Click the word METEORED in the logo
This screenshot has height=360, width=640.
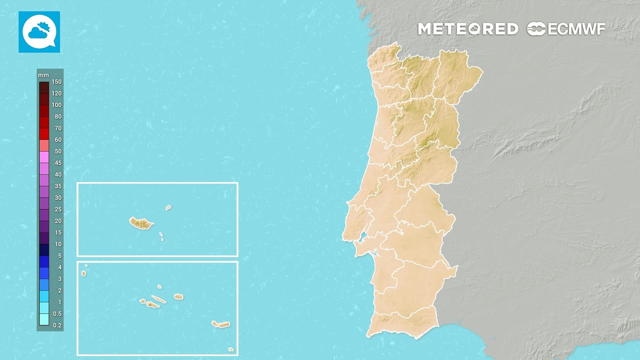[x=467, y=29]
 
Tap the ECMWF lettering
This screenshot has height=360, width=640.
[x=576, y=29]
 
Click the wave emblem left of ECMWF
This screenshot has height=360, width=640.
[x=536, y=29]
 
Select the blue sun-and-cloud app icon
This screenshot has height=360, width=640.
[x=39, y=31]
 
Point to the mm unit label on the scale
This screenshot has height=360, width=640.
[x=43, y=75]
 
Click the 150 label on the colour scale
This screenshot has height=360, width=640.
[x=56, y=82]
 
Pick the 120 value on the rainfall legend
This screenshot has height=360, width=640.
[x=56, y=93]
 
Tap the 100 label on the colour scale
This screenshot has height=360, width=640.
[x=56, y=105]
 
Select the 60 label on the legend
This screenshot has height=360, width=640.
[x=58, y=140]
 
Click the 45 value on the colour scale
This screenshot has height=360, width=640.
[x=58, y=163]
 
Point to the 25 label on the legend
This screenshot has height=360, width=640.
[x=58, y=209]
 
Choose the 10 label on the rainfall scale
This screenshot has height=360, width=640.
[x=58, y=244]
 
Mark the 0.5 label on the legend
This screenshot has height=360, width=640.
[x=57, y=313]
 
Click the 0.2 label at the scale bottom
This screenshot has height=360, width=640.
[x=57, y=325]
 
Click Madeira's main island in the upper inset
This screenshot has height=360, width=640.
[x=141, y=223]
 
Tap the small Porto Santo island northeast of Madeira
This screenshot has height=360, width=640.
[x=168, y=207]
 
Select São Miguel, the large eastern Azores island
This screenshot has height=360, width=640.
[x=220, y=324]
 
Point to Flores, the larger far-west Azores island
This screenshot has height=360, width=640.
[x=83, y=273]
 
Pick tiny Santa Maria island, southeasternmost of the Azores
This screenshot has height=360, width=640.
[x=230, y=349]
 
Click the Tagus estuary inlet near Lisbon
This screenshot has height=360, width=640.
[x=364, y=237]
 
